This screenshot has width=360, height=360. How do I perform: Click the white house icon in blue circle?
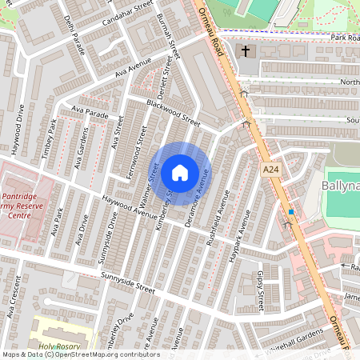[180, 172]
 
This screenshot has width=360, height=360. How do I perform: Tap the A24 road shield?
[272, 170]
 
